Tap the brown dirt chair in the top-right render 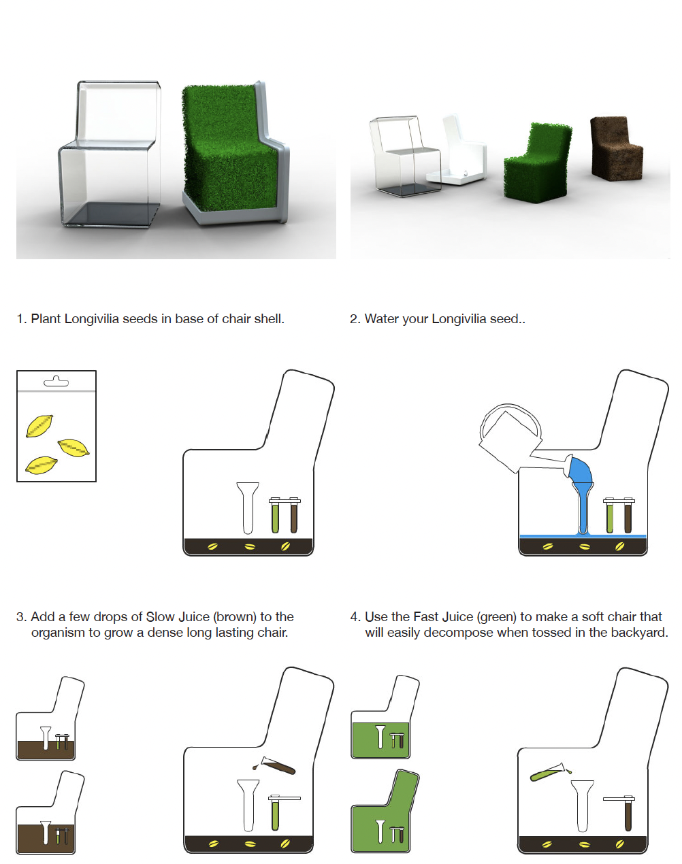pyautogui.click(x=616, y=148)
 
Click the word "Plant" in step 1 pyautogui.click(x=46, y=319)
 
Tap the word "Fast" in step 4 pyautogui.click(x=427, y=616)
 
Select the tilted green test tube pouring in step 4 pyautogui.click(x=550, y=771)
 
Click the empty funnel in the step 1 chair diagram pyautogui.click(x=248, y=508)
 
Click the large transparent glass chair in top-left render pyautogui.click(x=110, y=154)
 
